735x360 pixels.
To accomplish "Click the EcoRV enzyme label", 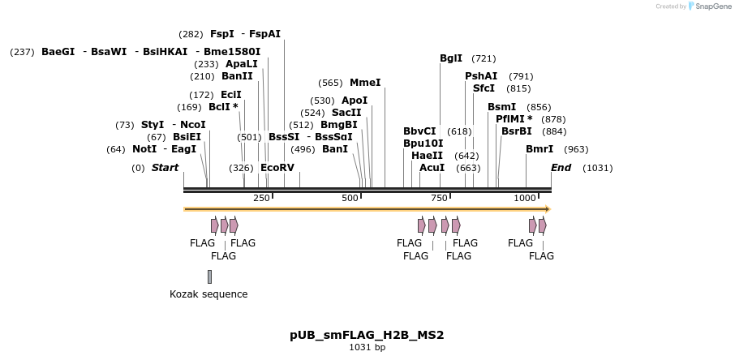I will coord(277,168).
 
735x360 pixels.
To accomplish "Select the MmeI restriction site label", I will coord(365,83).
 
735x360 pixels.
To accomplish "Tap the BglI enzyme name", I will coord(451,58).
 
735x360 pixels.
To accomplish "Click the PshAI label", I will coord(481,76).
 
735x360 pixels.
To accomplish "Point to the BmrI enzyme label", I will coord(539,149).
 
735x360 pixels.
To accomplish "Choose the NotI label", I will coord(144,149).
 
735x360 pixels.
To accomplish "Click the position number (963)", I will coord(576,149).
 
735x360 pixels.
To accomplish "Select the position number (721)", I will coord(484,58).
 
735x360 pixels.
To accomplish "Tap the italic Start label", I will coord(165,168).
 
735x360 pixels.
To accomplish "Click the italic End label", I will coord(561,168).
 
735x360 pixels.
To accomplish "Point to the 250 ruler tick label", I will coord(261,198).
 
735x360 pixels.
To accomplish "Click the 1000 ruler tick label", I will coord(525,198).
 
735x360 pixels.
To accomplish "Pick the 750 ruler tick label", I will coord(439,198).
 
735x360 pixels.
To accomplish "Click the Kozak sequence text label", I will coord(208,294).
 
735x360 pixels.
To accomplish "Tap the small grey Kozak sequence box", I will coord(209,276).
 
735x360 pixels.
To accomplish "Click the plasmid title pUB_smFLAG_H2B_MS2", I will coord(367,335).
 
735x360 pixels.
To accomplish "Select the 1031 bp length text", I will coord(367,348).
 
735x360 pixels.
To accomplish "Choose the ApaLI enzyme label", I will coord(242,64).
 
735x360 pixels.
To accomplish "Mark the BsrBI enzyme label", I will coord(517,131).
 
